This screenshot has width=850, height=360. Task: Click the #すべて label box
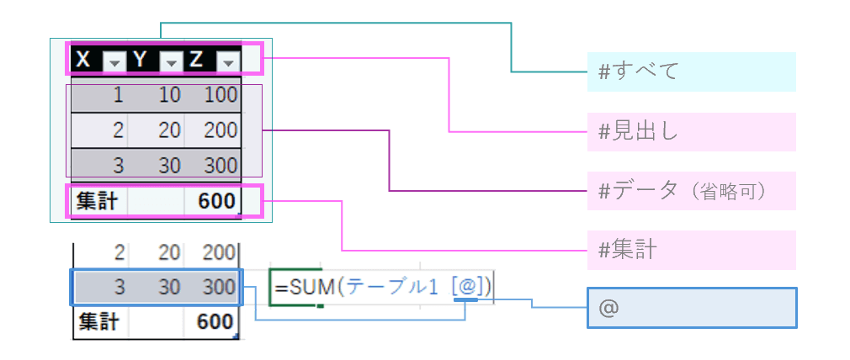691,71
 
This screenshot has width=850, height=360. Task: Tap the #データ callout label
691,191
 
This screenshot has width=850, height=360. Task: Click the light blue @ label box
691,308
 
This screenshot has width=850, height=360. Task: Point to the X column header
82,60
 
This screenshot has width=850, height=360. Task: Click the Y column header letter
140,60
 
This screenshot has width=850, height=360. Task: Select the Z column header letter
195,60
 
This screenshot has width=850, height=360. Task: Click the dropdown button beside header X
114,61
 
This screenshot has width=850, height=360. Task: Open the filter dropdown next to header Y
171,61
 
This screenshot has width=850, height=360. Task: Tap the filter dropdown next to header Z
228,61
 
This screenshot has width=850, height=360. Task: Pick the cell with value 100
221,95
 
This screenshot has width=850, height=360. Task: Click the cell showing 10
169,95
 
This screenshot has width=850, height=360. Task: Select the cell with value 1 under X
118,95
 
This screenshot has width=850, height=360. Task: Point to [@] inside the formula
465,287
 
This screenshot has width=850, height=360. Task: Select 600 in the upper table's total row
217,201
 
